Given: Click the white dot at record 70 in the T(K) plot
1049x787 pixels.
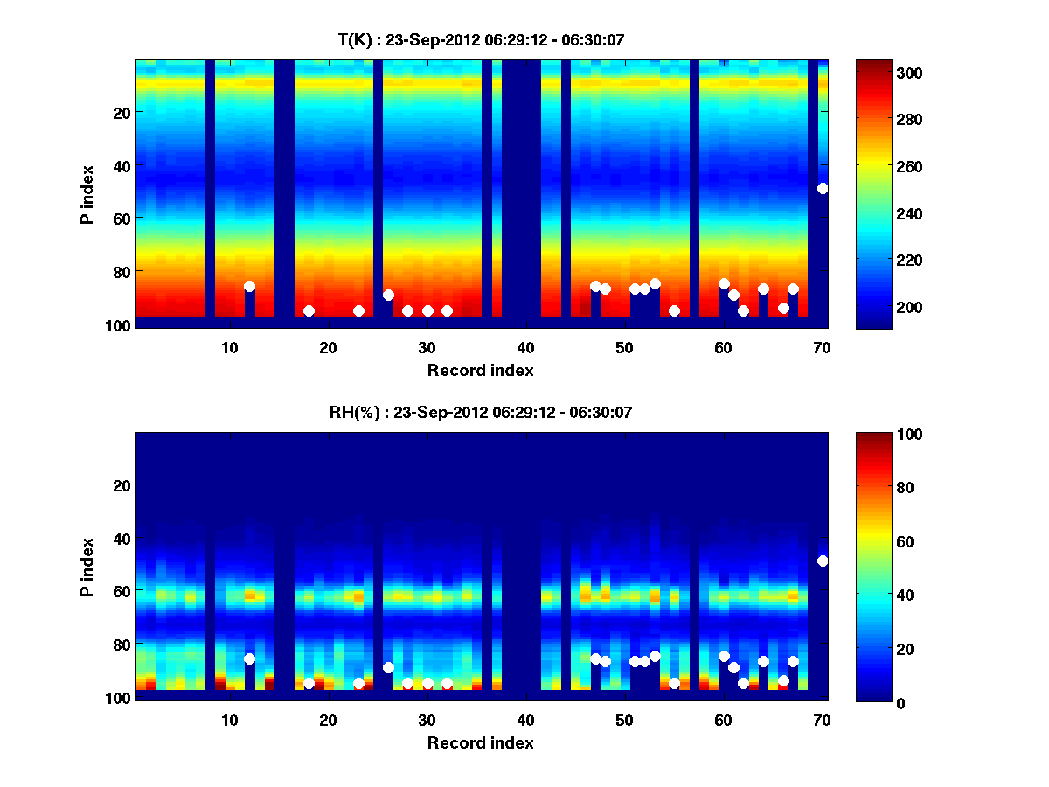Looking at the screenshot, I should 823,188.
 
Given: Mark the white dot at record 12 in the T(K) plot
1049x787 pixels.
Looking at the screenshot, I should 249,286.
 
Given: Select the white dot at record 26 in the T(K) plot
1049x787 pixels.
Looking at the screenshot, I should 388,295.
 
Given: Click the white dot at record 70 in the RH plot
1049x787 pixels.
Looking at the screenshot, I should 823,561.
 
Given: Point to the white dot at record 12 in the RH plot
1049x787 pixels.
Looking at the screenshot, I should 249,658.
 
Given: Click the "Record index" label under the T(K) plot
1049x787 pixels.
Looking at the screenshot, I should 480,370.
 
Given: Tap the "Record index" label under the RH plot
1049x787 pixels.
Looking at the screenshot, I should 480,742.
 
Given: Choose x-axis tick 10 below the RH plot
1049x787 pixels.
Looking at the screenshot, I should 229,721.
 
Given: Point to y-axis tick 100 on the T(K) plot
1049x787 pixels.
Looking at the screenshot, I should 119,325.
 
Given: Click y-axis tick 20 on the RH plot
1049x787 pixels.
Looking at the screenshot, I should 122,485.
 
